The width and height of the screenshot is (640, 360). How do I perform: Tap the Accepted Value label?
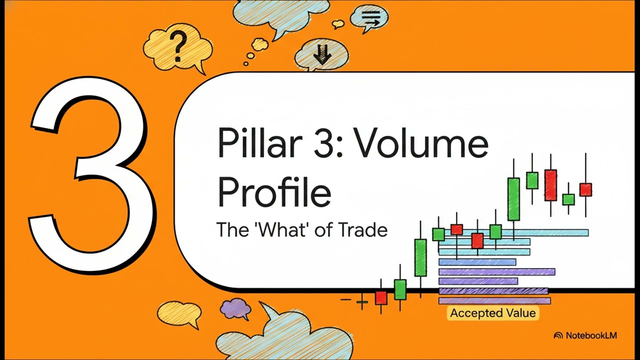pyautogui.click(x=492, y=313)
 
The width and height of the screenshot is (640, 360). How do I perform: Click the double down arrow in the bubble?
pyautogui.click(x=322, y=55)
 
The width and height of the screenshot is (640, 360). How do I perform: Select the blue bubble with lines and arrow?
pyautogui.click(x=370, y=18)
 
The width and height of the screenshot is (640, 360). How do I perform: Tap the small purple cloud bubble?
pyautogui.click(x=235, y=307)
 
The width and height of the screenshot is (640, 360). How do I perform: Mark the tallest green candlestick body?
pyautogui.click(x=513, y=198)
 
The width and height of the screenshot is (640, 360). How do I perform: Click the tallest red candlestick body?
pyautogui.click(x=550, y=185)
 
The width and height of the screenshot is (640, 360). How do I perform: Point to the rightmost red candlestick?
pyautogui.click(x=585, y=189)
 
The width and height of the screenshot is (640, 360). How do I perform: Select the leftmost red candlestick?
pyautogui.click(x=381, y=298)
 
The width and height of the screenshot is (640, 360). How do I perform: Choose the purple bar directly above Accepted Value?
pyautogui.click(x=494, y=300)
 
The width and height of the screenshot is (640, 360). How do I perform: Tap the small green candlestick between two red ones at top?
pyautogui.click(x=568, y=199)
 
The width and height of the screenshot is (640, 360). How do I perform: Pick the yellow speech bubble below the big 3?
pyautogui.click(x=178, y=313)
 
